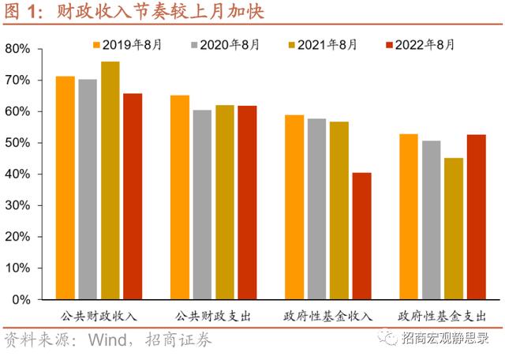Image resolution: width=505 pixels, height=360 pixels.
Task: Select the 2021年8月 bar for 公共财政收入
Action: click(110, 181)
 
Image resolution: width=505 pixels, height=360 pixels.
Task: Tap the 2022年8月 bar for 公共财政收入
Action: click(133, 197)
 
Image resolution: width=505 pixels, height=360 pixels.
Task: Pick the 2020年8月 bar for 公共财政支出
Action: click(202, 204)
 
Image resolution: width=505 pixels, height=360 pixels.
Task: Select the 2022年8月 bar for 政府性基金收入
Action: click(361, 236)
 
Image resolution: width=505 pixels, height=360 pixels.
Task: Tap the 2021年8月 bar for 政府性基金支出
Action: click(454, 229)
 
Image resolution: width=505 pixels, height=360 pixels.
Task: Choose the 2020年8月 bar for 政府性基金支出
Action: click(431, 220)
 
